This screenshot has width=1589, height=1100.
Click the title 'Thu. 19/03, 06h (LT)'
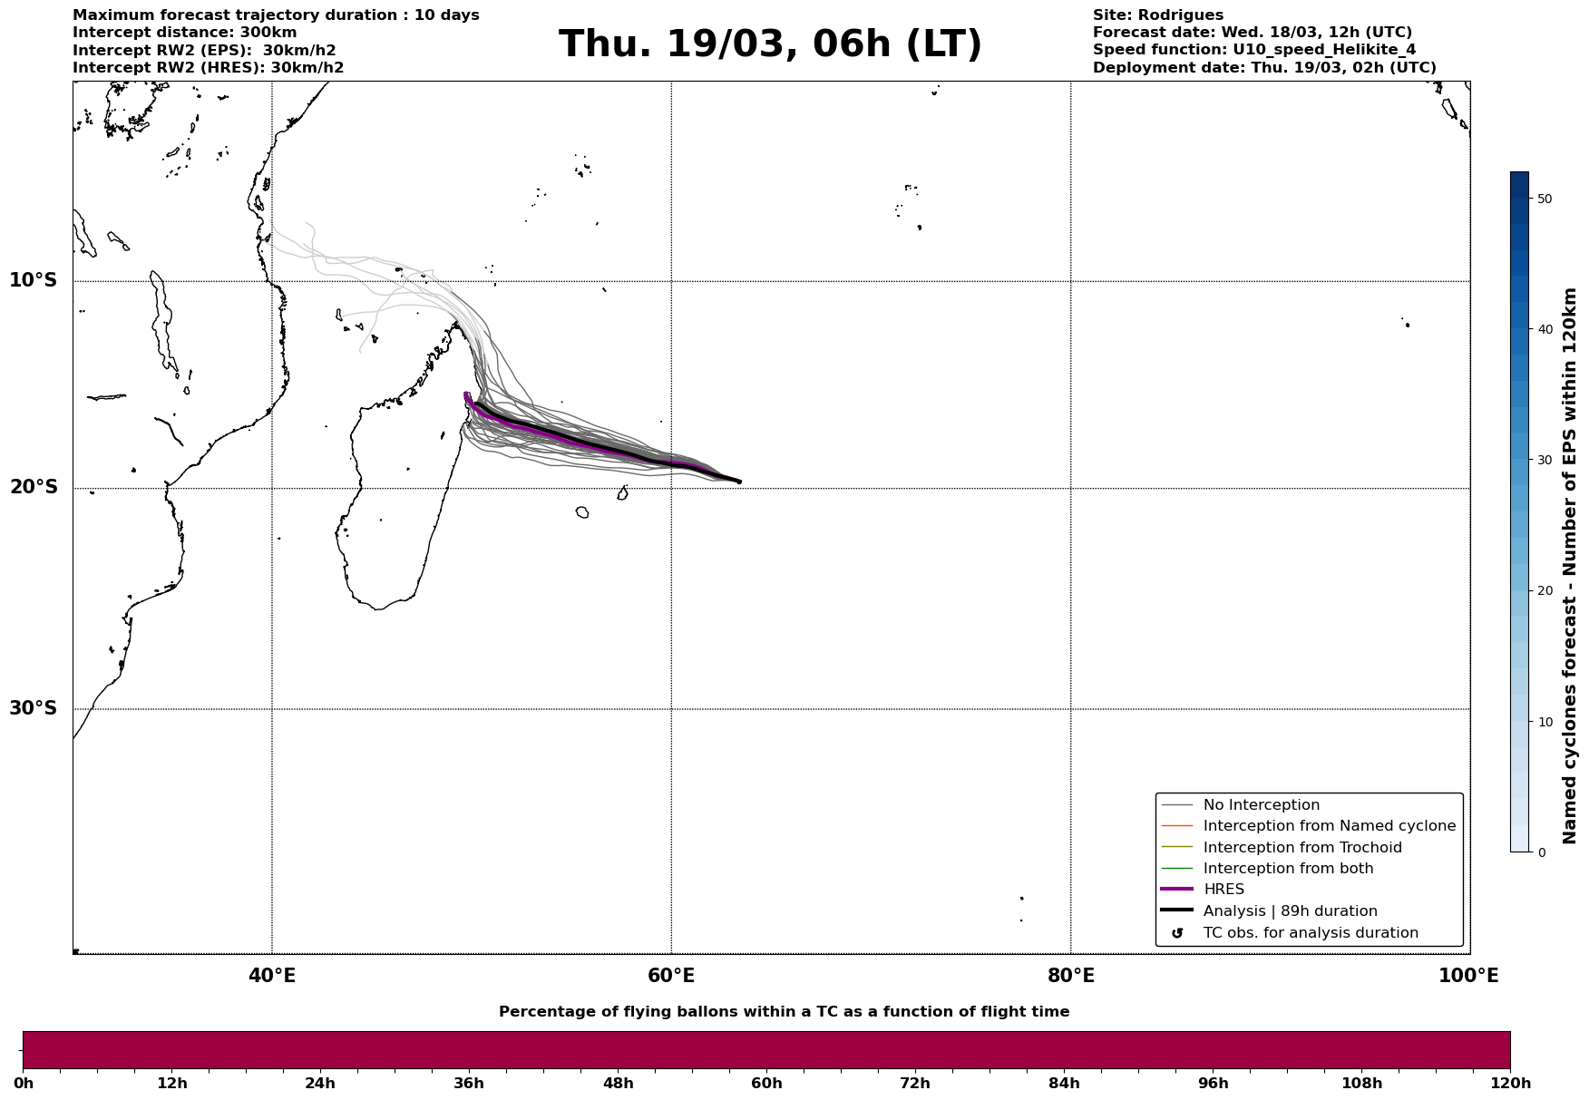pos(770,44)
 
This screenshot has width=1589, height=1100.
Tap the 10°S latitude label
pos(34,280)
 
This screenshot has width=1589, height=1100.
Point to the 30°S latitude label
pos(34,708)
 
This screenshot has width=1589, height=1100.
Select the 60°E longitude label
pos(671,976)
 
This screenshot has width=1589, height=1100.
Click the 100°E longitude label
pos(1468,976)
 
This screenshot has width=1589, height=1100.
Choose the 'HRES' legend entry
pos(1223,890)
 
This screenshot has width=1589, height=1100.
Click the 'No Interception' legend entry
pos(1261,805)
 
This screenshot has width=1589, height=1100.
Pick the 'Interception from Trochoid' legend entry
pos(1301,848)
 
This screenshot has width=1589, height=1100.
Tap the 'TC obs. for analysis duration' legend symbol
pos(1177,933)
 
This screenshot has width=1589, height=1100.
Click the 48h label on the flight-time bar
pos(619,1084)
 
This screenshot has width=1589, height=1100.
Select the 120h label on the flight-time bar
pos(1510,1084)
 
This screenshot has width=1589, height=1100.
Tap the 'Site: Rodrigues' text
pos(1157,15)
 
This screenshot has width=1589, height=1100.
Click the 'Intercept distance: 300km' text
pos(184,33)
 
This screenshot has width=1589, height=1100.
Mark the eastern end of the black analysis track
pos(739,482)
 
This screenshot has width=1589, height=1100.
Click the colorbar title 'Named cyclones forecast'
pos(1570,566)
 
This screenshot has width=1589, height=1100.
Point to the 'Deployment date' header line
pos(1263,68)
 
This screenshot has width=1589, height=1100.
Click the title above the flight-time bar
pos(784,1012)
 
